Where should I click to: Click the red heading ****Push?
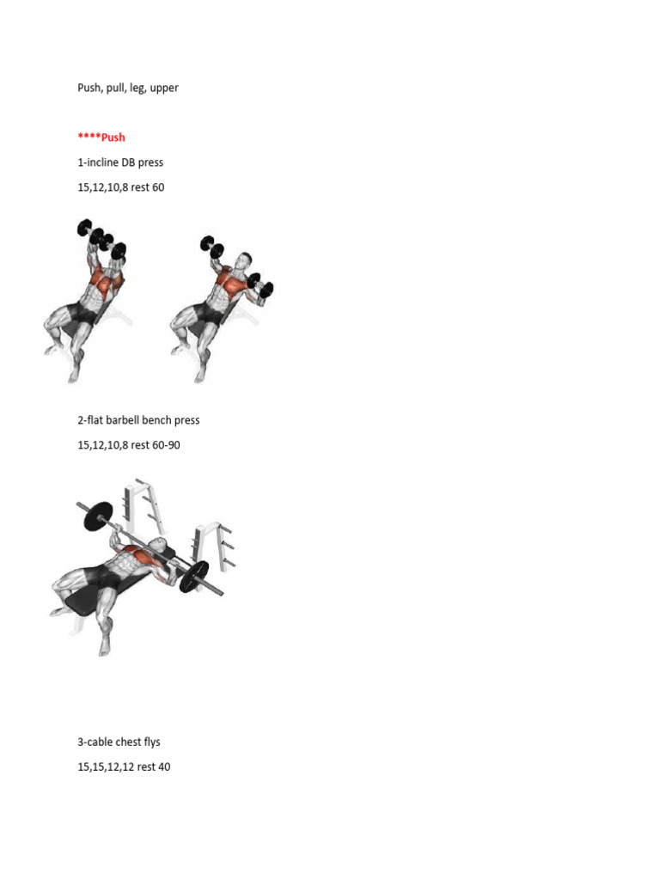click(101, 137)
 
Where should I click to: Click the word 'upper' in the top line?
click(164, 89)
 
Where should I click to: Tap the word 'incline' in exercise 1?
click(101, 162)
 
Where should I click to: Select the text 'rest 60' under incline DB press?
click(145, 187)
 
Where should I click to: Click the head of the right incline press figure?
click(245, 260)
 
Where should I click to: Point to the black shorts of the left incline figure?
click(82, 315)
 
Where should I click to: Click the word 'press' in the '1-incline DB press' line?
click(150, 162)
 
